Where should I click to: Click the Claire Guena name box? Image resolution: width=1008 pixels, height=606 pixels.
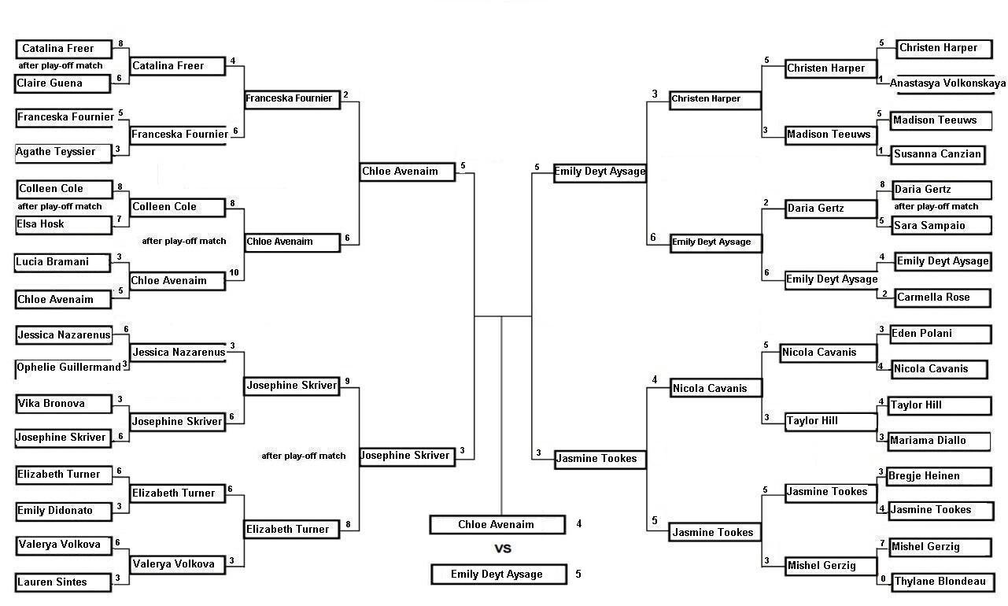[62, 83]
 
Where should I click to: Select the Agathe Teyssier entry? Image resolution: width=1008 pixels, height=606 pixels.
[63, 152]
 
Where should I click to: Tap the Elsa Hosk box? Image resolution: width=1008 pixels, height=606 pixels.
[64, 224]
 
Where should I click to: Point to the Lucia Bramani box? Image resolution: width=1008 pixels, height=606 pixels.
[62, 263]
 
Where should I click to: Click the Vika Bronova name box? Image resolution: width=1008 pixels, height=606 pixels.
[64, 404]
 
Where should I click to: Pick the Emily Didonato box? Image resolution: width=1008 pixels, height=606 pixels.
[64, 512]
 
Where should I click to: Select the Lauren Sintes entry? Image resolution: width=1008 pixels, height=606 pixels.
[63, 582]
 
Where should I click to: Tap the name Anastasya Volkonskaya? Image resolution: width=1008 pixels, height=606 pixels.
[947, 83]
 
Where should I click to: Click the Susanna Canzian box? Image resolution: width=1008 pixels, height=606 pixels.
[938, 154]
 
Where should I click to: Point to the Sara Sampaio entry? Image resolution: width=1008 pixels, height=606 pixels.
[942, 226]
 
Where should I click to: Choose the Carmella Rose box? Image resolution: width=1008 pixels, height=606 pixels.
[943, 297]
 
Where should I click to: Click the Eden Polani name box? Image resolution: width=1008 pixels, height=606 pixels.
[941, 334]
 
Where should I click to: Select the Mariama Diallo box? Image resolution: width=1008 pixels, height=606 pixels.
[940, 442]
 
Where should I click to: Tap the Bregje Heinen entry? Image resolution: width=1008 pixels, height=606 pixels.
[940, 476]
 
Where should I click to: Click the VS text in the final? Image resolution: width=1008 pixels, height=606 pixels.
[503, 549]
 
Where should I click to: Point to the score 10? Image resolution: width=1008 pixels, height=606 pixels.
[234, 273]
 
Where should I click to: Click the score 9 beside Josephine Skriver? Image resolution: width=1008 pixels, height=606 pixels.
[347, 382]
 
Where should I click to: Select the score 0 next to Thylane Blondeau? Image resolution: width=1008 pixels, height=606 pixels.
[883, 579]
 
